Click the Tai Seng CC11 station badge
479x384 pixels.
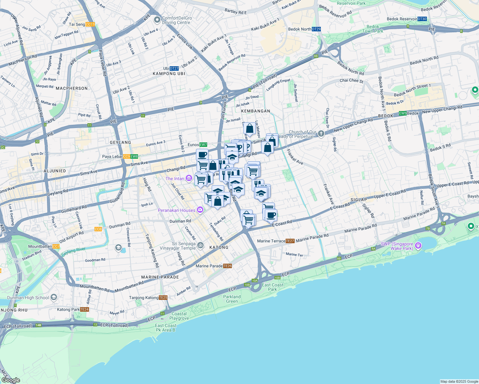click(90, 24)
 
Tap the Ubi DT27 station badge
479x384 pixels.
click(174, 68)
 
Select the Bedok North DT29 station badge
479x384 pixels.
click(316, 29)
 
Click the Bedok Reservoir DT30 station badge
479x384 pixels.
click(422, 19)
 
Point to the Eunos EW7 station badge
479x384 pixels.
click(203, 145)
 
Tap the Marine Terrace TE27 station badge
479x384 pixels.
click(290, 241)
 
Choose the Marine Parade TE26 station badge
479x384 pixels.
click(227, 266)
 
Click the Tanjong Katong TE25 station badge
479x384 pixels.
click(163, 298)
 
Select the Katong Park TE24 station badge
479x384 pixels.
click(85, 309)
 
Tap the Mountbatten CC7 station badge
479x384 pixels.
click(56, 246)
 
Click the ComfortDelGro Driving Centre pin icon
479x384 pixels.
click(157, 20)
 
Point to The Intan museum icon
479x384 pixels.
click(189, 179)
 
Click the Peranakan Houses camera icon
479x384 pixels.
click(200, 210)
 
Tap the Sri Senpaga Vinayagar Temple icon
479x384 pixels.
click(200, 245)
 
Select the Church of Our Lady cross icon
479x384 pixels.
click(321, 134)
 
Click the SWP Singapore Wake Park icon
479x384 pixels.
click(418, 246)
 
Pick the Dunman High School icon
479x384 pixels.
click(54, 298)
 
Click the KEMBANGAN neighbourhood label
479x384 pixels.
click(256, 111)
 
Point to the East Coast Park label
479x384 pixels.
click(272, 287)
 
